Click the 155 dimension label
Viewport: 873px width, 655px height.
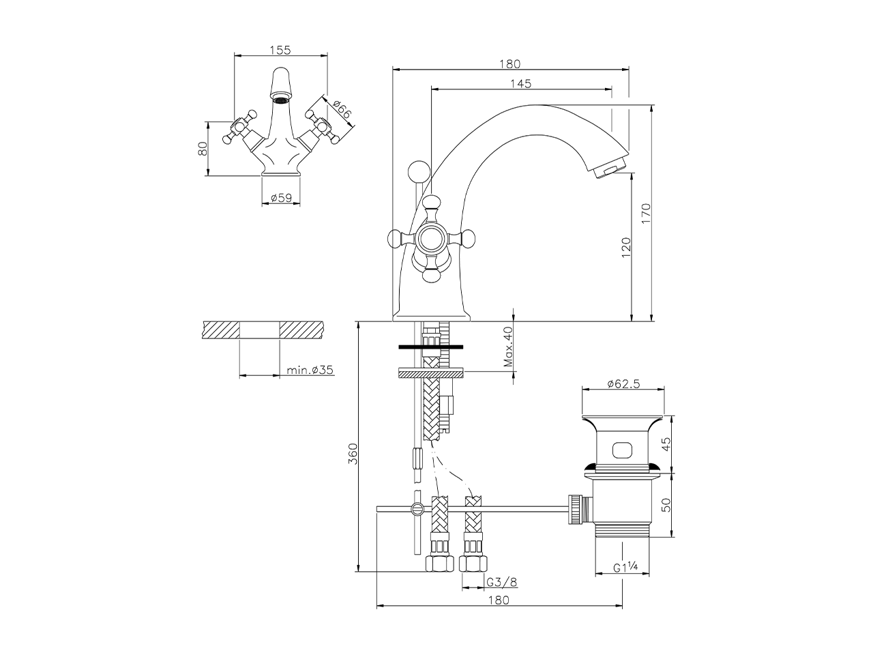(x=280, y=49)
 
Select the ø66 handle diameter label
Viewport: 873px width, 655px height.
(x=342, y=108)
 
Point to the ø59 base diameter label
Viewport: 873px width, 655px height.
(x=281, y=198)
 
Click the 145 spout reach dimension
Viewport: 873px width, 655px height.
(x=520, y=83)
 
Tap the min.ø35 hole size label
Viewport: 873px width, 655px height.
(x=310, y=370)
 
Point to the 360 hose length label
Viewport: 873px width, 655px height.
(x=353, y=454)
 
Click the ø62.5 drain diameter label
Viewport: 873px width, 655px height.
(x=623, y=383)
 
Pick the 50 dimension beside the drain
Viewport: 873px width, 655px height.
(x=668, y=505)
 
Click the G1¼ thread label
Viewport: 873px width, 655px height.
(x=625, y=567)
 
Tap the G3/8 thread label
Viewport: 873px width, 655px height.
(x=501, y=582)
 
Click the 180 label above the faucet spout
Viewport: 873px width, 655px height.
(x=509, y=64)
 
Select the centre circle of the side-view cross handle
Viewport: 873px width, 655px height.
(x=430, y=238)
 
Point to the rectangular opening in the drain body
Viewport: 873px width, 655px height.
(x=623, y=450)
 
